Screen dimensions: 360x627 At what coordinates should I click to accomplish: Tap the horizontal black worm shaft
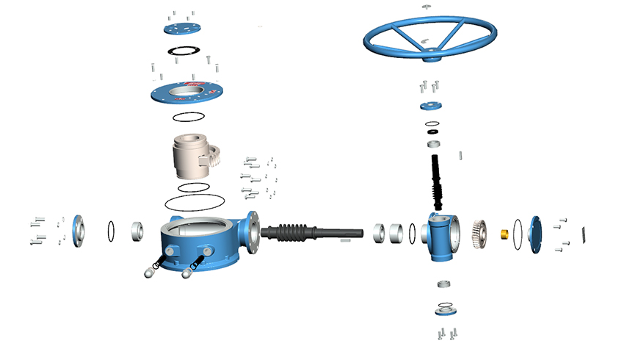pos(301,231)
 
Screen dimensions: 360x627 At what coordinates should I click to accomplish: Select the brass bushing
pos(505,234)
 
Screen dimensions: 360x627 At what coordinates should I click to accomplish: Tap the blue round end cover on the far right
pos(534,234)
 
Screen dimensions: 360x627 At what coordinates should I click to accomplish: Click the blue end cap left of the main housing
pos(78,231)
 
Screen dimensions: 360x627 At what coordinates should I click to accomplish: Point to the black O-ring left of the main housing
pos(111,231)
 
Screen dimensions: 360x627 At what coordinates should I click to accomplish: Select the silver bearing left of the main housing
pos(137,231)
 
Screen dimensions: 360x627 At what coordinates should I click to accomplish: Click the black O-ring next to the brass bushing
pos(518,234)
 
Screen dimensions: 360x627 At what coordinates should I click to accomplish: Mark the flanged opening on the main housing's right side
pos(253,227)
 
